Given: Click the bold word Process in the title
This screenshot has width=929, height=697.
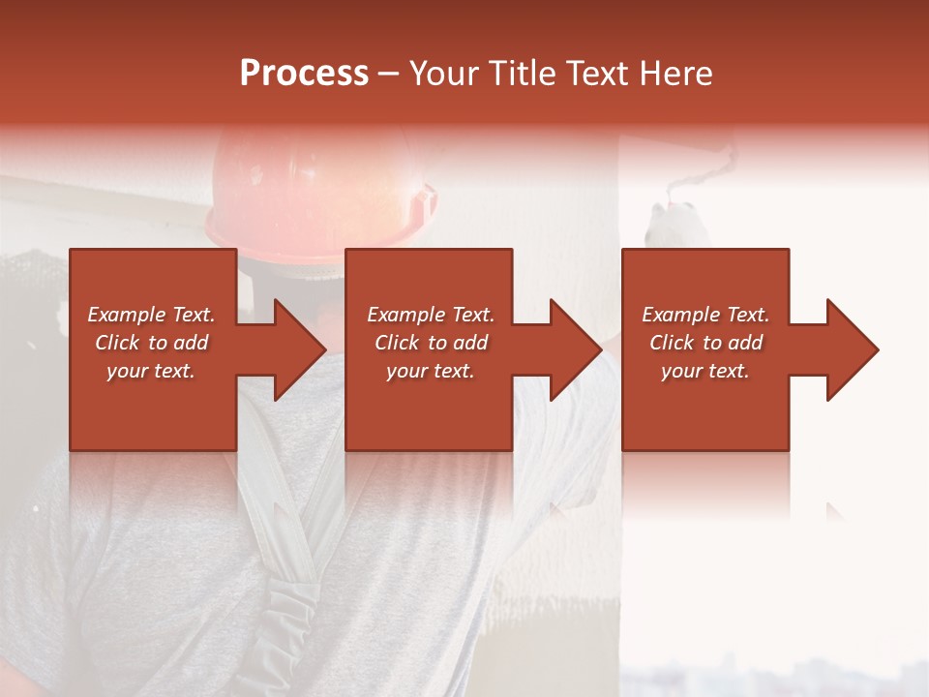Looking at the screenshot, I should [304, 74].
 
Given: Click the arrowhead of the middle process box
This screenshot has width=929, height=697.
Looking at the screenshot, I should [575, 349].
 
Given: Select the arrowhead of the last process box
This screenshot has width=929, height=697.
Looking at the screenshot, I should [852, 349].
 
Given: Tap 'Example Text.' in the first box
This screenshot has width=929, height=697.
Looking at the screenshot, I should [151, 315].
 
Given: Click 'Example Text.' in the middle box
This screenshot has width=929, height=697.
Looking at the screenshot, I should [431, 315].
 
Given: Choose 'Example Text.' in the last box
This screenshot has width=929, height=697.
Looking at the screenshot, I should [705, 315].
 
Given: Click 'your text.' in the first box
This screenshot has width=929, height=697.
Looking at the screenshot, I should [151, 371].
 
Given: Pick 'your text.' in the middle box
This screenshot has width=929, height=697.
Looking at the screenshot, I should [431, 371].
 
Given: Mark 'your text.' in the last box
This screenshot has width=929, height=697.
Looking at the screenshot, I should [705, 371].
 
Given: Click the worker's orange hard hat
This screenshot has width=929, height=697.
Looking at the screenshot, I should [319, 189].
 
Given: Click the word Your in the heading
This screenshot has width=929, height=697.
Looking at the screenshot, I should [447, 74].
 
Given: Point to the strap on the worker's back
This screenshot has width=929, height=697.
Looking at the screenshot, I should [290, 542].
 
